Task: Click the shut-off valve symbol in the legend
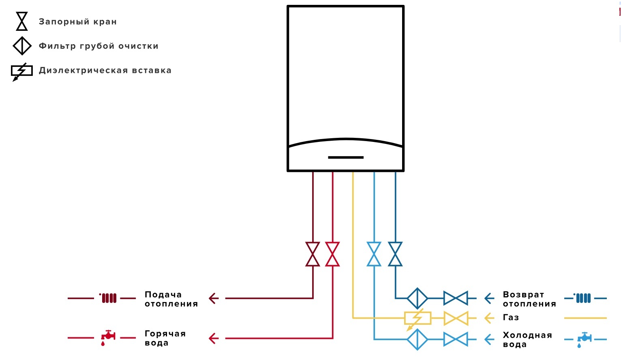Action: [x=22, y=21]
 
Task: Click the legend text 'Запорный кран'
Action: [x=78, y=21]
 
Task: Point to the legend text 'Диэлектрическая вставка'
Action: [x=105, y=71]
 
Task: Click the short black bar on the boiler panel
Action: [x=346, y=157]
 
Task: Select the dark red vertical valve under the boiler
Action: [x=313, y=254]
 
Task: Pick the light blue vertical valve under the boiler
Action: [x=374, y=254]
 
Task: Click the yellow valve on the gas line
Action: [x=456, y=318]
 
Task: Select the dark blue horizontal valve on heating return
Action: [x=456, y=298]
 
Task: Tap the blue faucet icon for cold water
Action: [x=585, y=339]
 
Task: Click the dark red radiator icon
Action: [x=108, y=298]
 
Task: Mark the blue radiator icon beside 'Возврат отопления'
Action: [x=582, y=298]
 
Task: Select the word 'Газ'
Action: [x=511, y=317]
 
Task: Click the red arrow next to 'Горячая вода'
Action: [x=214, y=339]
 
